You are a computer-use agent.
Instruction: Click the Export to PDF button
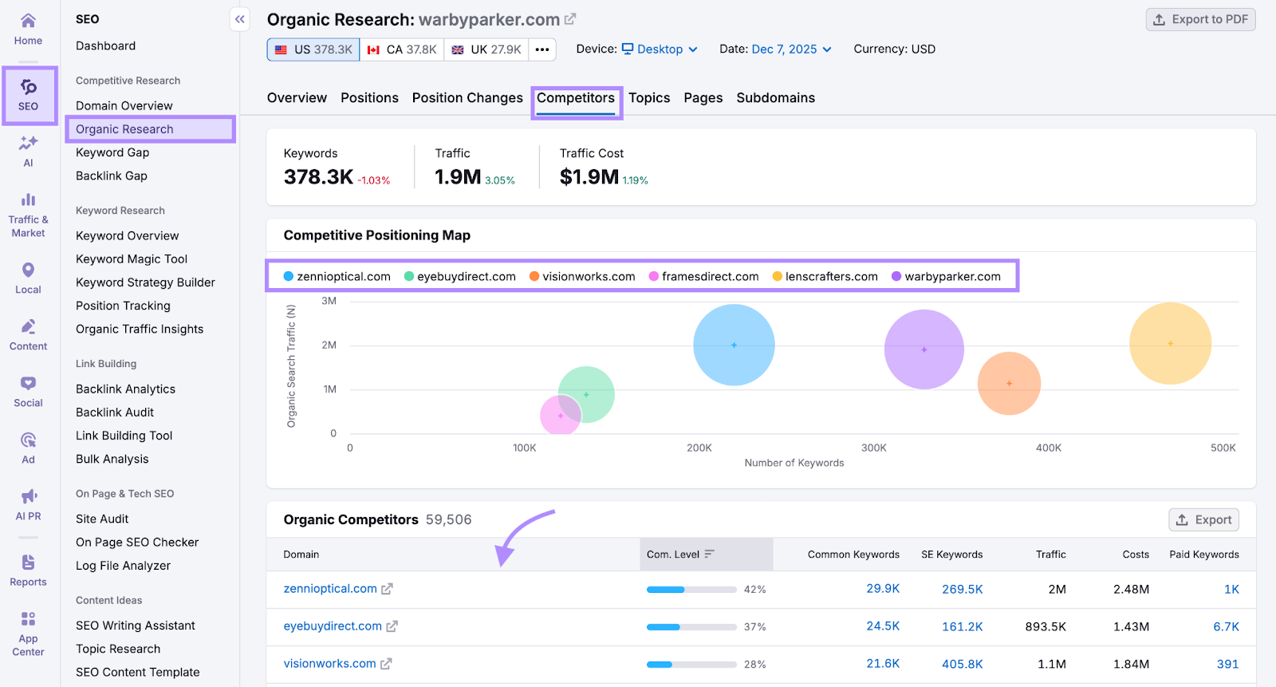[1200, 19]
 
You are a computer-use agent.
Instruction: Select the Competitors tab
[575, 98]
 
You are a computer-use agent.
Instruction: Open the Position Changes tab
[467, 98]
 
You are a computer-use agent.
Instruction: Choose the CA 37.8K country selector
[402, 49]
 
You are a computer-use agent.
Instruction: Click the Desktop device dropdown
[660, 49]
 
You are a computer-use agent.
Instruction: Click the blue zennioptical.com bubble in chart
[734, 345]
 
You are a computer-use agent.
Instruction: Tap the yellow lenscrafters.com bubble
[1170, 343]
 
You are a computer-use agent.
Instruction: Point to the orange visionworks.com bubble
[1009, 383]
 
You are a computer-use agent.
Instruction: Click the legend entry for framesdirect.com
[709, 277]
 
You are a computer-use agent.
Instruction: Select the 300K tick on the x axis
[873, 448]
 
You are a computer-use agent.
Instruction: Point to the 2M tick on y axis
[329, 345]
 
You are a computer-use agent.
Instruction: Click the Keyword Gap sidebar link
[112, 152]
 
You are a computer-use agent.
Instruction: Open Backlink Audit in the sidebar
[115, 413]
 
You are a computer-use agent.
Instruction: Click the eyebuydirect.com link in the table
[333, 626]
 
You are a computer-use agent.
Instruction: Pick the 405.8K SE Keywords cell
[962, 664]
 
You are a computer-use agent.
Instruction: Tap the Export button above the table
[1203, 520]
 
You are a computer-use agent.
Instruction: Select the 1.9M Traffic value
[458, 177]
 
